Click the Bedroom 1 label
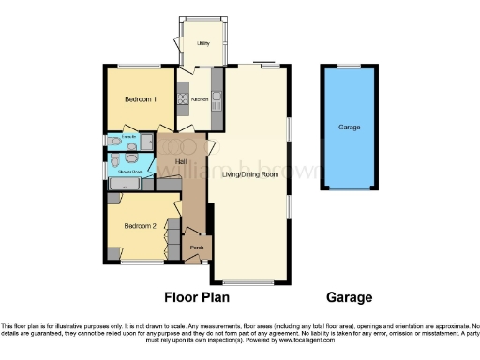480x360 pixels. point(129,98)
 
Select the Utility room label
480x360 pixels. point(202,44)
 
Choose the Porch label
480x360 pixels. point(197,247)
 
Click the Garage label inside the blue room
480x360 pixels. point(350,127)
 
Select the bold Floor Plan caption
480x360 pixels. point(196,298)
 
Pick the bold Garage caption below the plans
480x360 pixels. point(349,298)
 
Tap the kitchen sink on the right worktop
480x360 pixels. point(217,94)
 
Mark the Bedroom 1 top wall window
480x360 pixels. point(130,65)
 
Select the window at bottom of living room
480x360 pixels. point(247,282)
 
